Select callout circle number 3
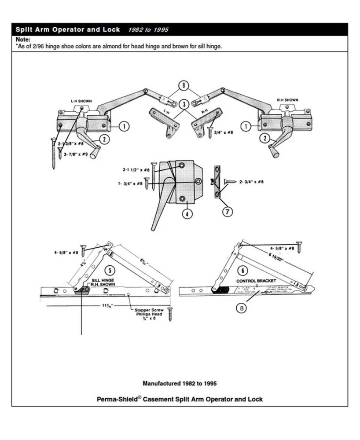click(x=184, y=104)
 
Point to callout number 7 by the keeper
click(x=227, y=212)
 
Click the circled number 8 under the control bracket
click(x=241, y=308)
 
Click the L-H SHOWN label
click(x=81, y=101)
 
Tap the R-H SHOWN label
click(x=287, y=100)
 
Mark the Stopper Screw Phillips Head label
click(x=151, y=312)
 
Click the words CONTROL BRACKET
click(x=256, y=280)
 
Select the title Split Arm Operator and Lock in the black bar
click(x=68, y=30)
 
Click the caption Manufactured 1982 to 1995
click(x=180, y=383)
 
